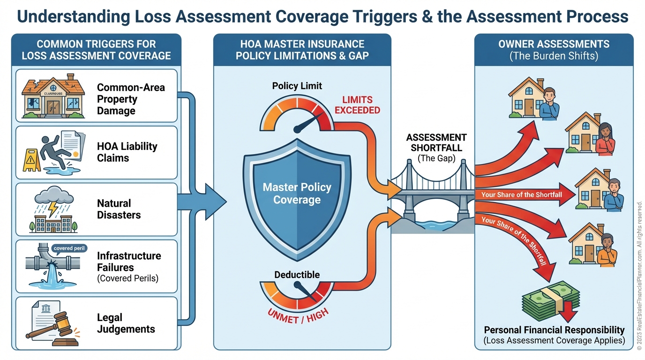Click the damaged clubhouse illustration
click(x=53, y=96)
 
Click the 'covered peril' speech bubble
click(x=69, y=248)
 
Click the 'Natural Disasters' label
click(x=119, y=209)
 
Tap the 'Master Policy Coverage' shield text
click(x=297, y=194)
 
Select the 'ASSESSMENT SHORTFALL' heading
click(x=436, y=142)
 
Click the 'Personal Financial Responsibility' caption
click(x=554, y=330)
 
